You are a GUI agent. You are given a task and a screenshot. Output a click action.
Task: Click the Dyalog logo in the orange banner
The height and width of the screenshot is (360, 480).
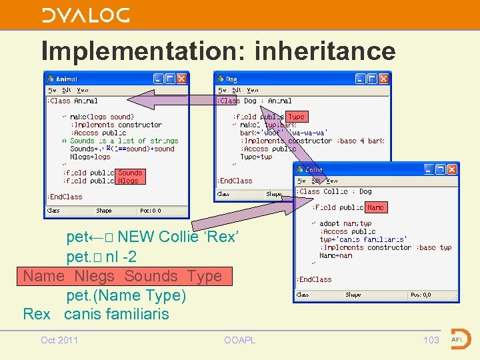(x=85, y=15)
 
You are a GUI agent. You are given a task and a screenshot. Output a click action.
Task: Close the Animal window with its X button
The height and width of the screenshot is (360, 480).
(x=181, y=79)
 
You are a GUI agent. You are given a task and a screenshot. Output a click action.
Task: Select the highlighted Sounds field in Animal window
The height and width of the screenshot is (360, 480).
(x=130, y=173)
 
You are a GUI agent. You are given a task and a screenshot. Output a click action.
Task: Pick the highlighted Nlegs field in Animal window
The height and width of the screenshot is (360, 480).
(x=128, y=181)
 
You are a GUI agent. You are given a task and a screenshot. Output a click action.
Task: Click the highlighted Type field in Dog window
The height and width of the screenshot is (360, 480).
(x=296, y=117)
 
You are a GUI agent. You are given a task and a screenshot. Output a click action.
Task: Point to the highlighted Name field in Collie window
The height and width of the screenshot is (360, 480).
(x=375, y=207)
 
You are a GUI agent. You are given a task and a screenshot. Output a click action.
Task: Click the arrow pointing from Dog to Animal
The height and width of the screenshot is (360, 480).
(x=173, y=101)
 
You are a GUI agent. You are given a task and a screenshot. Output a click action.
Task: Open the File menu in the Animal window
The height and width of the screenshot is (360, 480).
(x=51, y=90)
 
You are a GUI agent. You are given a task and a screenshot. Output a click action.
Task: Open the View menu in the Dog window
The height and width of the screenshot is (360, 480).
(x=253, y=90)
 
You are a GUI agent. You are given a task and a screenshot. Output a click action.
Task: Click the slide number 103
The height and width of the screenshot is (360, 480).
(x=431, y=340)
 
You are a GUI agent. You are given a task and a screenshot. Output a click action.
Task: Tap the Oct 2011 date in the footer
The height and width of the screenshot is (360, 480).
(x=59, y=340)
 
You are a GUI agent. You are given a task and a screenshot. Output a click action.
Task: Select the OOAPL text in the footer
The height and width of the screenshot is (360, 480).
(x=239, y=340)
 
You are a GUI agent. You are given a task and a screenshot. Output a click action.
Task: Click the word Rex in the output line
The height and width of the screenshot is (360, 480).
(x=37, y=314)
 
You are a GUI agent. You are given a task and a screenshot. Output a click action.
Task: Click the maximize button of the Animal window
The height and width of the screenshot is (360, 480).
(x=169, y=79)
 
